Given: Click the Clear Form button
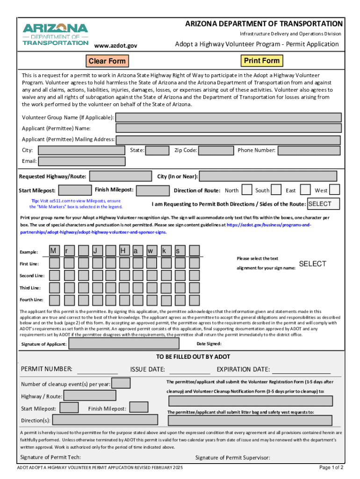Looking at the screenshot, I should point(107,61).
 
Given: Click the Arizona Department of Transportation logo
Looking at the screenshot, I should point(55,34).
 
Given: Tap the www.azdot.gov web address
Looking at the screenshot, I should point(115,45).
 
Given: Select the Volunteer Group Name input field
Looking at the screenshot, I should point(228,117).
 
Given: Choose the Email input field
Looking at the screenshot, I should point(82,161).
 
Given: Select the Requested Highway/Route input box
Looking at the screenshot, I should point(120,176).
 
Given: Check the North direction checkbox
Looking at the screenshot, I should point(246,190).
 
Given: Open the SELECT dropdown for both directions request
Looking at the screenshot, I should point(324,204).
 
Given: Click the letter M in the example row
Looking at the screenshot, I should point(54,251).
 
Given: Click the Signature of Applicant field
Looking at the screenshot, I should point(123,344).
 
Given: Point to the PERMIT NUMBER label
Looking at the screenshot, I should point(47,369).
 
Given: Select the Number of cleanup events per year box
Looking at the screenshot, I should point(122,384).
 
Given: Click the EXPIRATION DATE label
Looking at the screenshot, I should point(243,370).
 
